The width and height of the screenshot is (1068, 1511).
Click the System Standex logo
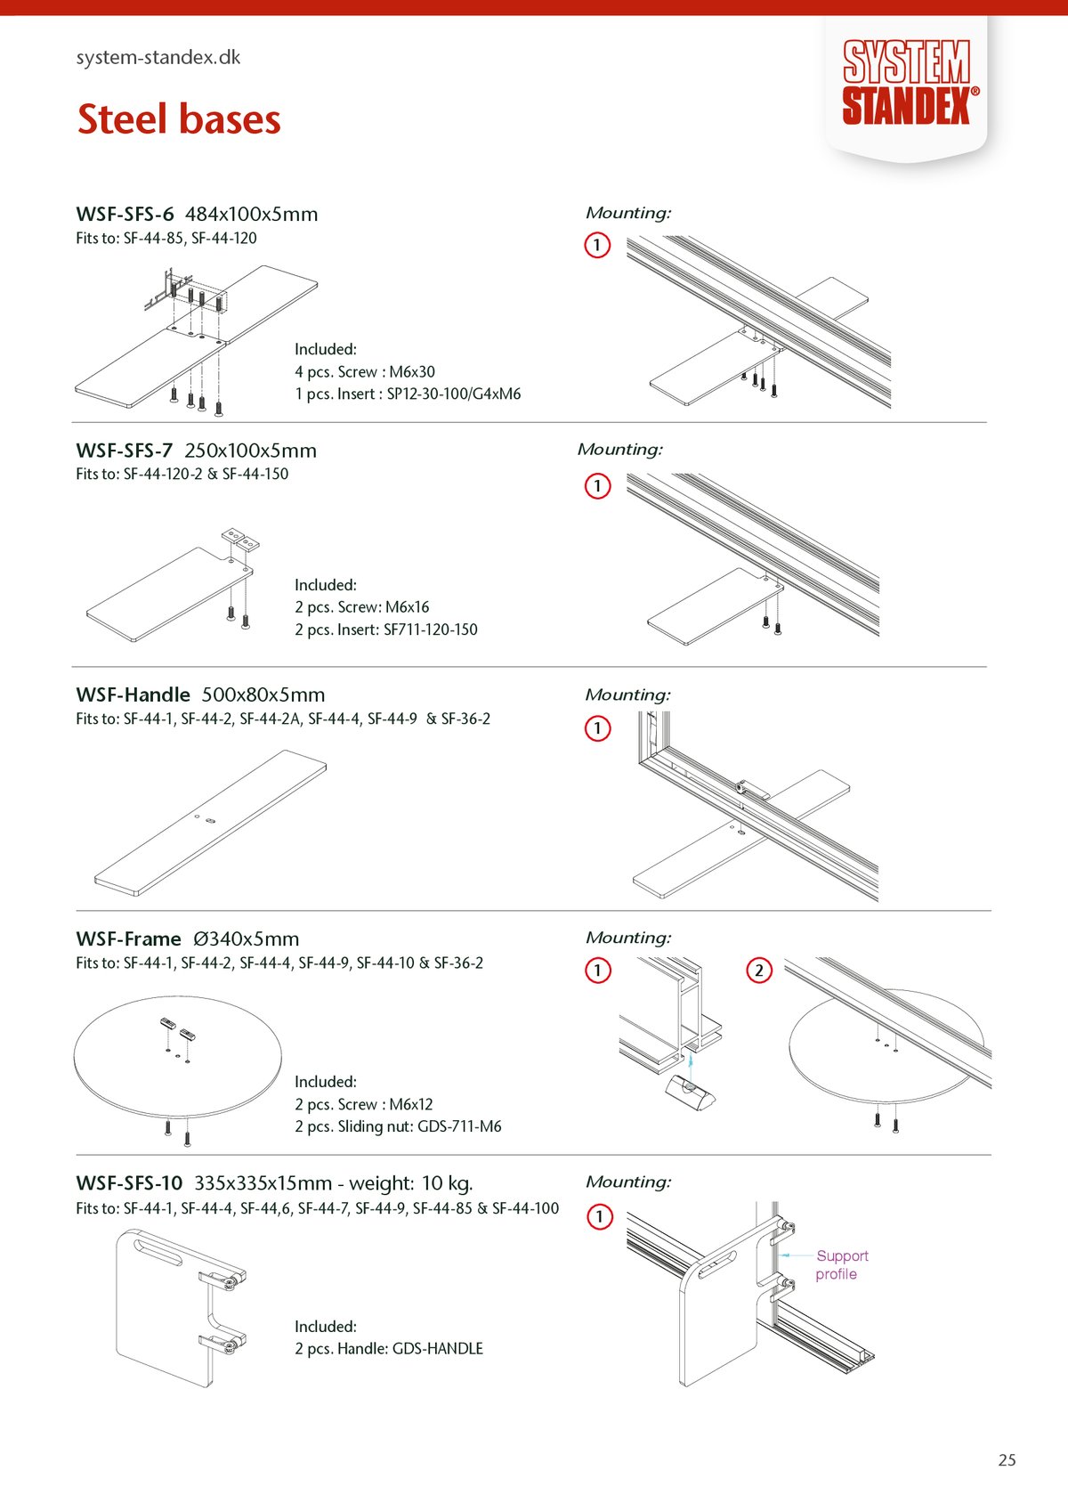(x=907, y=82)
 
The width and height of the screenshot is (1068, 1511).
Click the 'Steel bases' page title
(x=179, y=119)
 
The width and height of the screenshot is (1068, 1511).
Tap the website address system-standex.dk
(x=158, y=58)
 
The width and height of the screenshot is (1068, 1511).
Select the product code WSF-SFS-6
(x=125, y=215)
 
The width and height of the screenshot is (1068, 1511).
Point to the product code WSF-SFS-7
(x=125, y=451)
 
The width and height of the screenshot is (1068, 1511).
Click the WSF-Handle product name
(x=133, y=695)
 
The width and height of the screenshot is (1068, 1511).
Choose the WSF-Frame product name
(x=129, y=939)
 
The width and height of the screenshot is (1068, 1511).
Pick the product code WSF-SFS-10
(x=129, y=1183)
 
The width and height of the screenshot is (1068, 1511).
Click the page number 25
(x=1007, y=1460)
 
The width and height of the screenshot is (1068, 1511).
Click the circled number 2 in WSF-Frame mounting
(x=758, y=970)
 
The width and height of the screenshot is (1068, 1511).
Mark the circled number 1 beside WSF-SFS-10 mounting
(x=599, y=1216)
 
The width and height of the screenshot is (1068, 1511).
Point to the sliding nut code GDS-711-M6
(x=459, y=1126)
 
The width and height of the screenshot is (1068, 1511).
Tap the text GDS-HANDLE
(x=438, y=1349)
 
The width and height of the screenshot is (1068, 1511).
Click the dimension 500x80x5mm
(x=263, y=695)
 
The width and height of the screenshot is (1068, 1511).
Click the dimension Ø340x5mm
(x=247, y=939)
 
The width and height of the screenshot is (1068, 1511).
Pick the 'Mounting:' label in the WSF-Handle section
(x=627, y=695)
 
